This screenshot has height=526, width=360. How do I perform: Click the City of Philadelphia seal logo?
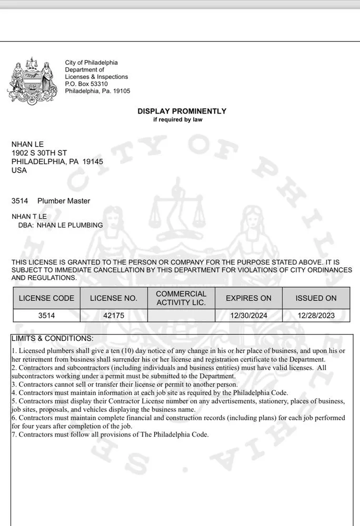pyautogui.click(x=33, y=80)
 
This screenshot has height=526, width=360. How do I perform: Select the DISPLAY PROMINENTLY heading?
pyautogui.click(x=182, y=111)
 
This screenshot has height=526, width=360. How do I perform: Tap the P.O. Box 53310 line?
pyautogui.click(x=86, y=84)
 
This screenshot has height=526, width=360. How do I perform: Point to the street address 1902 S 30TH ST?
pyautogui.click(x=39, y=153)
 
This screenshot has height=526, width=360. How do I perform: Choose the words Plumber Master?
pyautogui.click(x=64, y=201)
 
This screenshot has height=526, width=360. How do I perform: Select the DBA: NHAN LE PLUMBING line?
pyautogui.click(x=61, y=225)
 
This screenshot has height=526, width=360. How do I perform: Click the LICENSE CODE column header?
pyautogui.click(x=46, y=298)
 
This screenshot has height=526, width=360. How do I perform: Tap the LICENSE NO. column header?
pyautogui.click(x=114, y=298)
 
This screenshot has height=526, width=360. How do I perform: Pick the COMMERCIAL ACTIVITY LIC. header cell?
pyautogui.click(x=181, y=298)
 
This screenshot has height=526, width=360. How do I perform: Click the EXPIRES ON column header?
pyautogui.click(x=248, y=298)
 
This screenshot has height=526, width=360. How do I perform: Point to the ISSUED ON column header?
pyautogui.click(x=316, y=298)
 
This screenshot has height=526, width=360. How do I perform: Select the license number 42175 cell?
pyautogui.click(x=114, y=316)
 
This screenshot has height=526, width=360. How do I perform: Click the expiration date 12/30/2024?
pyautogui.click(x=248, y=316)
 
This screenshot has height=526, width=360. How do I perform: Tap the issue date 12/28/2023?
pyautogui.click(x=316, y=316)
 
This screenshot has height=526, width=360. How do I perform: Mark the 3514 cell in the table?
pyautogui.click(x=46, y=316)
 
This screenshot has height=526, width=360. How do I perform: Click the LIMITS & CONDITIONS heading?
pyautogui.click(x=52, y=338)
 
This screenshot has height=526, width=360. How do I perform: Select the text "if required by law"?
pyautogui.click(x=177, y=119)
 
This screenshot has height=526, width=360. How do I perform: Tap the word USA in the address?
pyautogui.click(x=19, y=170)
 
